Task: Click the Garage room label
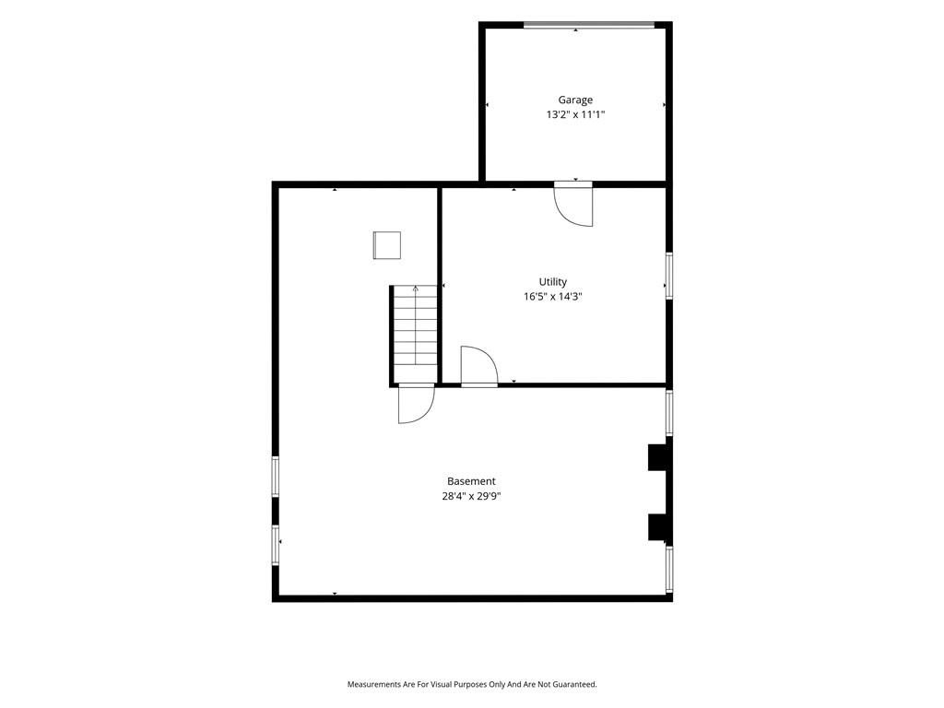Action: pos(575,100)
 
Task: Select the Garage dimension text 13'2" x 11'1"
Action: pos(575,115)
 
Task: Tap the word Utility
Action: pos(553,282)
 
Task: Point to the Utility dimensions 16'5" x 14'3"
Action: pos(553,297)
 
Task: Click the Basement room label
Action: pos(471,481)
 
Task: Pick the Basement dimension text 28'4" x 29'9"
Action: pos(471,497)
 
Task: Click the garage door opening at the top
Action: pos(588,25)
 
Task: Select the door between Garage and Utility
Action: pos(573,204)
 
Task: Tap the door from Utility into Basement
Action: pos(479,365)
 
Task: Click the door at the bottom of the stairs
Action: pos(416,404)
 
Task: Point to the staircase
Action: pos(414,334)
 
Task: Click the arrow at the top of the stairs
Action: pos(416,289)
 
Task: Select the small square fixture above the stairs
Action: pos(387,245)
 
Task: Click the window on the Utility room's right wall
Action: pos(669,276)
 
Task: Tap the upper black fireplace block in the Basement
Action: pos(657,457)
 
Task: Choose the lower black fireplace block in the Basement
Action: pos(657,526)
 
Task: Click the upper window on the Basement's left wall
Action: pos(275,477)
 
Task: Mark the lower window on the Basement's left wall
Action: pos(275,546)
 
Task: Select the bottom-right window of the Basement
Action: pos(669,570)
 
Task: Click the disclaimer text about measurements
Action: pos(472,685)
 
